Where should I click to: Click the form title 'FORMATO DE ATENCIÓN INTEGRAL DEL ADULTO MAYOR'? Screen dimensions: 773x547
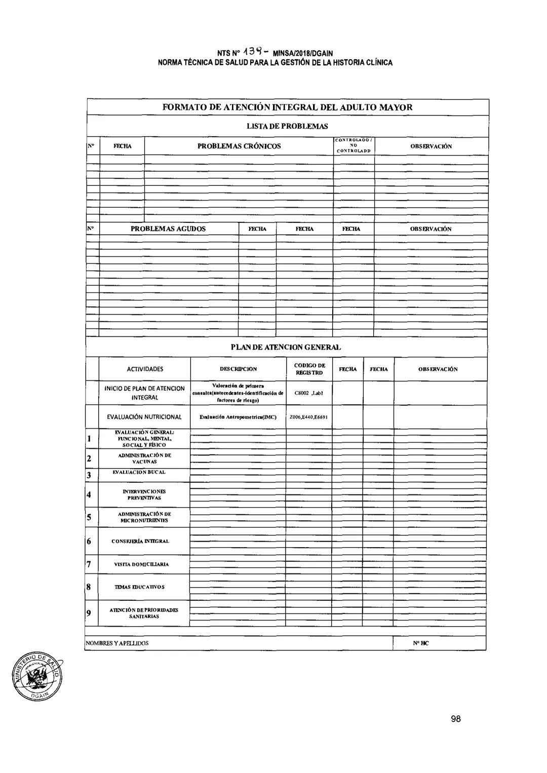tap(287, 107)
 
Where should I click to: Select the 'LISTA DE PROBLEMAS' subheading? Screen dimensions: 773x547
tap(287, 126)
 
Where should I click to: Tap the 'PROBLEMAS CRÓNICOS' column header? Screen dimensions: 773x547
tap(239, 146)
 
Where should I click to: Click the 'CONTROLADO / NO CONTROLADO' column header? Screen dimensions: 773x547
tap(354, 145)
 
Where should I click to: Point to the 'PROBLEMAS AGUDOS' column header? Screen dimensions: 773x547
tap(168, 228)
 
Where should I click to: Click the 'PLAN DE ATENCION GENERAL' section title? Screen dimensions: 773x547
tap(286, 347)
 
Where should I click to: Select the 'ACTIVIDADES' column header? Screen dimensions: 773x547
tap(145, 369)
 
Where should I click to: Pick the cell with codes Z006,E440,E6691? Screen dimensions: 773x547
tap(309, 417)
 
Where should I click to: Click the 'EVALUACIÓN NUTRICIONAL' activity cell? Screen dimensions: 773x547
tap(144, 417)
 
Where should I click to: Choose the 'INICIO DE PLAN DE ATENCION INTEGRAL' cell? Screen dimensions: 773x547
tap(144, 393)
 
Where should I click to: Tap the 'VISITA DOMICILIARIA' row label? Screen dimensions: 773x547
tap(141, 564)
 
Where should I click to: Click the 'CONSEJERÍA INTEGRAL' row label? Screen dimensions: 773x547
tap(140, 541)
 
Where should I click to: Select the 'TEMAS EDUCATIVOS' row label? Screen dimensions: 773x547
tap(139, 587)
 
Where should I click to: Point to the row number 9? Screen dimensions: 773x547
tap(89, 613)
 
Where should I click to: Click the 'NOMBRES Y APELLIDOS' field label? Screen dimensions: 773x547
tap(117, 643)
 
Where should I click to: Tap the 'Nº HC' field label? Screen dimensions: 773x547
tap(420, 643)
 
